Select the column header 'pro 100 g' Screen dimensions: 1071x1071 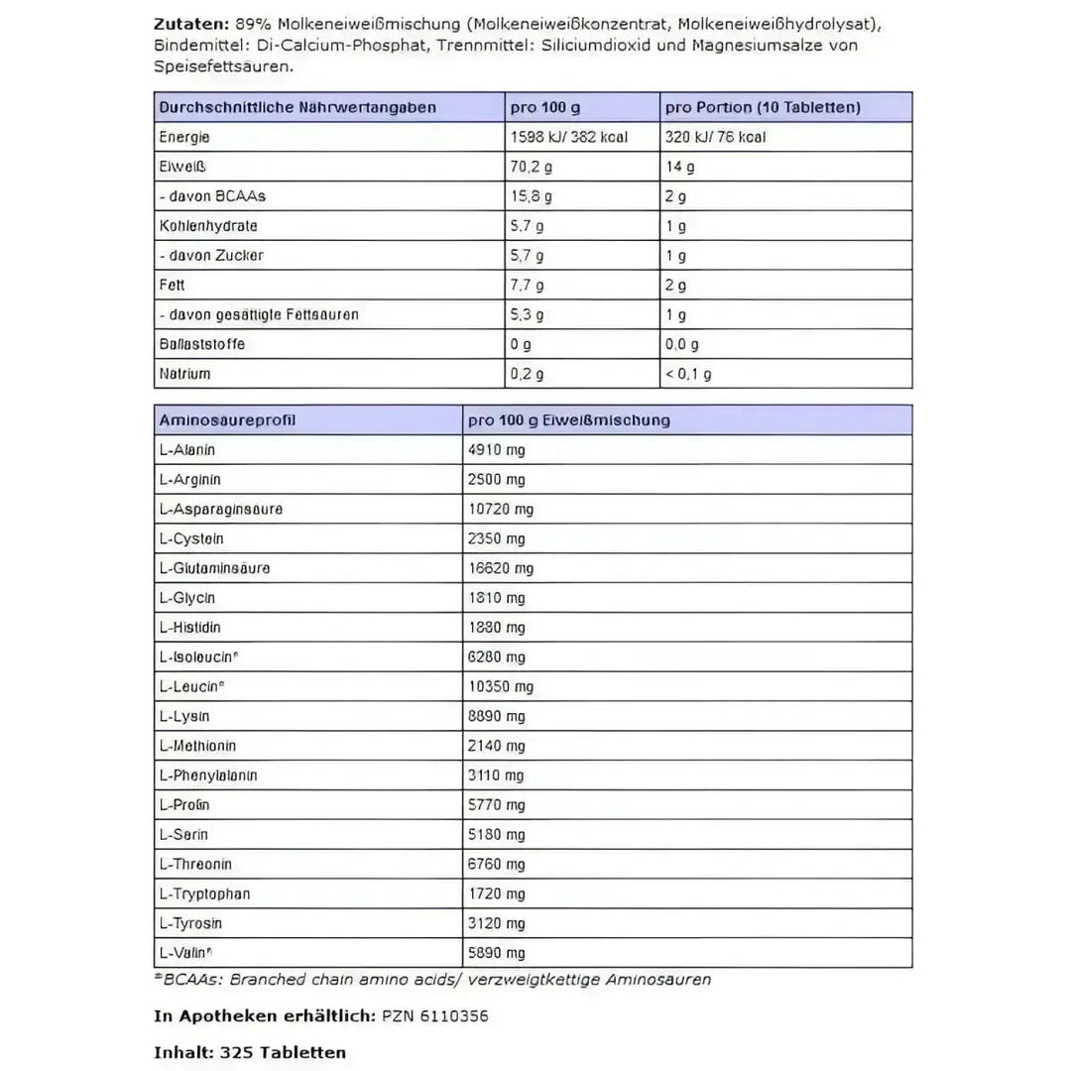click(544, 107)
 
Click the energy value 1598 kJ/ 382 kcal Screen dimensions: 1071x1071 click(568, 137)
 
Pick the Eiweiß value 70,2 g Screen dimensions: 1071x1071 click(531, 167)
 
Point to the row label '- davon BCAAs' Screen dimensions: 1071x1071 click(212, 196)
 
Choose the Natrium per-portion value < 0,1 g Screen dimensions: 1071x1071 click(689, 374)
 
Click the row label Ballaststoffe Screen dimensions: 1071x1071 click(201, 344)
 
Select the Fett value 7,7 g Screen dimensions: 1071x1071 click(527, 285)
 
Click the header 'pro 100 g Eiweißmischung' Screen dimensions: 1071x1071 click(569, 420)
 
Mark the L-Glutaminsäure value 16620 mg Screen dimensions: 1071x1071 click(501, 568)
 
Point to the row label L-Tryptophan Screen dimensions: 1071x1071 click(204, 893)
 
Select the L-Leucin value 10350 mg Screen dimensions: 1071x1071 click(501, 686)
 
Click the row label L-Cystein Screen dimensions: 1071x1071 click(191, 538)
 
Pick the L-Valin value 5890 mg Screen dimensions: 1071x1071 click(497, 953)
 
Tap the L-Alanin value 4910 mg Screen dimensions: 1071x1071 click(497, 449)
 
